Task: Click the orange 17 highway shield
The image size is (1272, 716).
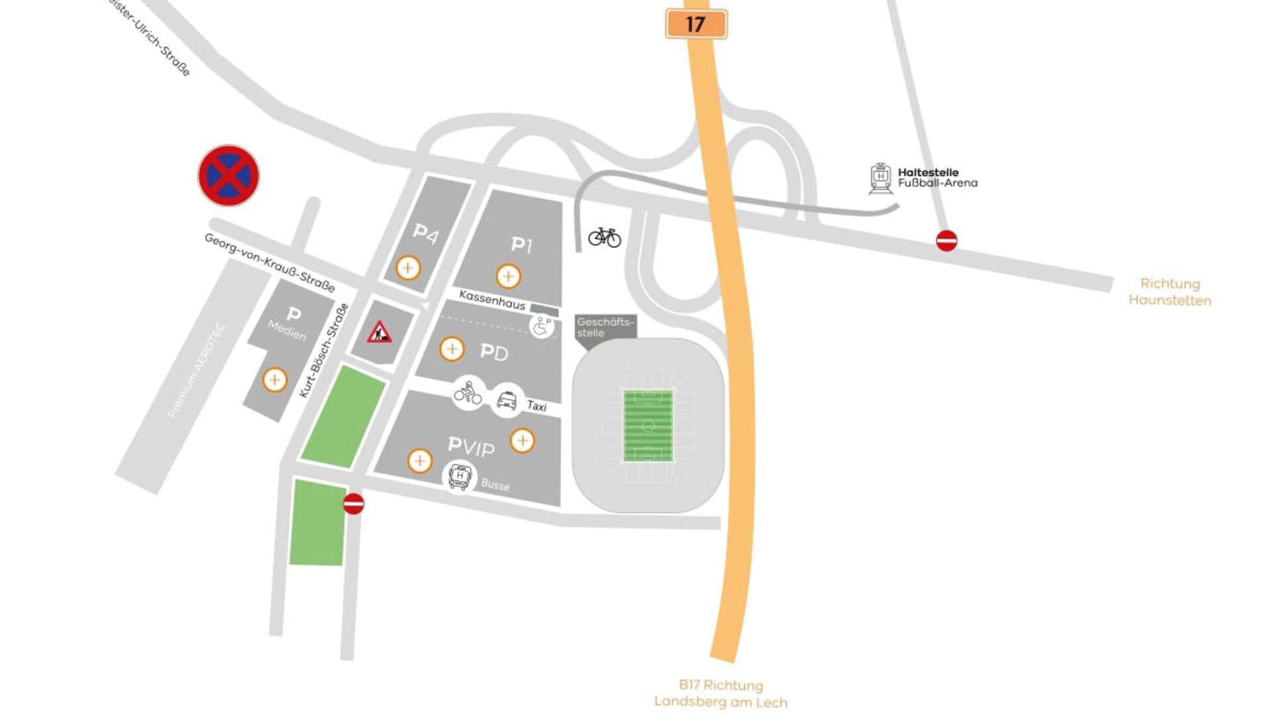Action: click(x=696, y=25)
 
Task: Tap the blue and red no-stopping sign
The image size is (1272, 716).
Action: click(x=229, y=176)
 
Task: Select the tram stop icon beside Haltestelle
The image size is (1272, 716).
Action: click(x=880, y=178)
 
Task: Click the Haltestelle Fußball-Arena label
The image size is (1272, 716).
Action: click(x=937, y=178)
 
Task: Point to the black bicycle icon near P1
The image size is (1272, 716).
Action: click(x=604, y=237)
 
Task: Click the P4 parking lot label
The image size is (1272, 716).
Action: click(x=425, y=233)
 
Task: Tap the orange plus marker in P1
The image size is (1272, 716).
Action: click(x=508, y=276)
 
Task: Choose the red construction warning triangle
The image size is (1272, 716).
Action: click(x=380, y=332)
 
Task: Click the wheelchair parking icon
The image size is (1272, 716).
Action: click(x=541, y=326)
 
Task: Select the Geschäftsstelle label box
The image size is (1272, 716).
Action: click(x=604, y=328)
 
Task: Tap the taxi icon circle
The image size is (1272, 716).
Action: click(x=507, y=400)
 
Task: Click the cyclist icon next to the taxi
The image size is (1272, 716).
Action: click(x=468, y=393)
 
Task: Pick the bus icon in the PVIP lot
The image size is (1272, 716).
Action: click(x=460, y=476)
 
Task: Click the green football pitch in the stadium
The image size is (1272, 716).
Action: click(x=648, y=426)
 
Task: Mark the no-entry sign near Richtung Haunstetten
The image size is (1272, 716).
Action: click(x=946, y=240)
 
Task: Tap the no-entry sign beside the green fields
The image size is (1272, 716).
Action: click(x=354, y=504)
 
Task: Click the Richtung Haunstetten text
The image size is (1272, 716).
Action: click(x=1170, y=292)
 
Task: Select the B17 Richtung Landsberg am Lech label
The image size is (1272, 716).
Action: click(x=721, y=693)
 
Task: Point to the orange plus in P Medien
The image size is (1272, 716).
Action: click(x=275, y=380)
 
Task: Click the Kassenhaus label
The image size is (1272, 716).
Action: click(x=492, y=300)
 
